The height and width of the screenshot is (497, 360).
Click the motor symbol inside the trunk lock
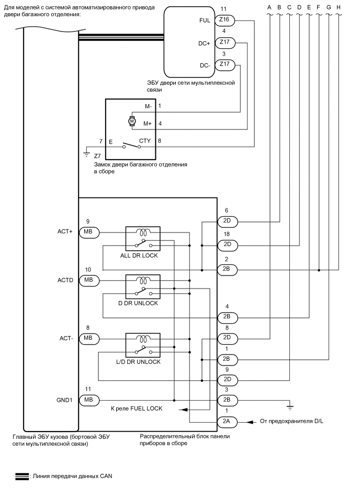click(x=132, y=122)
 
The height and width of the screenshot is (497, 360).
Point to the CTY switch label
click(x=145, y=141)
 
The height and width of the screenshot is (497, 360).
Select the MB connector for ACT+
click(x=87, y=232)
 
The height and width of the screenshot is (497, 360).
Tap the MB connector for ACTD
click(x=87, y=280)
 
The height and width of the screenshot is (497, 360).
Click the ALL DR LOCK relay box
click(x=143, y=239)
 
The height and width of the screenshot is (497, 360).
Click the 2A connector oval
click(x=227, y=421)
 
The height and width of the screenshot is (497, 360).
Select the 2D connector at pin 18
click(x=227, y=245)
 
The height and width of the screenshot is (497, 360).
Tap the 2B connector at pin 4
click(x=227, y=317)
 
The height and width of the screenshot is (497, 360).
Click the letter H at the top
click(x=339, y=7)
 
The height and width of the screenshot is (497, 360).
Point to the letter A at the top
click(x=269, y=7)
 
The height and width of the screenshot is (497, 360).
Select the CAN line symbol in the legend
click(x=22, y=476)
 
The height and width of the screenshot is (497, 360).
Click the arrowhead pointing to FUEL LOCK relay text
click(x=181, y=410)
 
